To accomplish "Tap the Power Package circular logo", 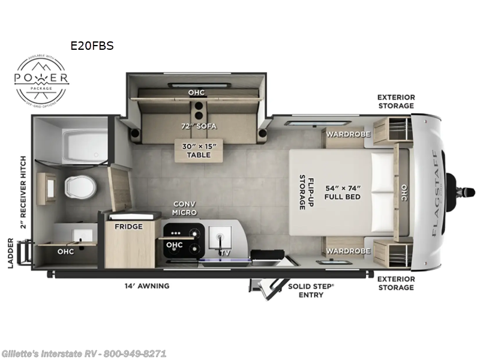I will coord(41,79).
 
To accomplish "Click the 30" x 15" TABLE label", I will coord(197,150).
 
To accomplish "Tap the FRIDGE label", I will coord(129,226).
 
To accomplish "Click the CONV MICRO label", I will coord(185,208).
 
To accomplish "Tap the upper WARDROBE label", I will coord(349,134).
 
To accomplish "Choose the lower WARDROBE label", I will coord(349,251).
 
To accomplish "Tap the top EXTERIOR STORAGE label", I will coord(395,101).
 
